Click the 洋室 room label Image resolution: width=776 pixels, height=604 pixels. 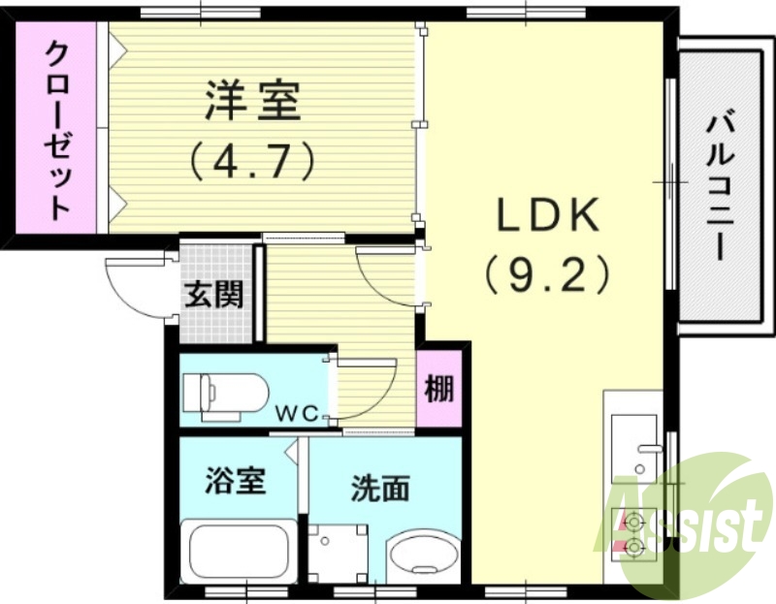tap(252, 102)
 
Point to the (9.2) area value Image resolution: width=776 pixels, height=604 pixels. tap(549, 274)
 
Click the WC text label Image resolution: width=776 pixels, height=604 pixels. tap(299, 414)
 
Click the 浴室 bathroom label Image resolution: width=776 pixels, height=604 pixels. tap(236, 480)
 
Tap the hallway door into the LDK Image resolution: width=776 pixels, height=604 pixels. tap(388, 276)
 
